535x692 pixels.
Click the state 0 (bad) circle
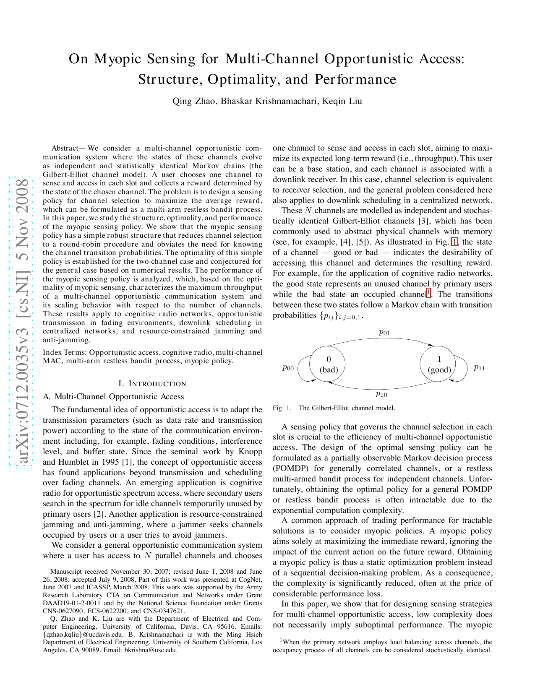pos(329,364)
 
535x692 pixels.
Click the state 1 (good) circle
pos(439,364)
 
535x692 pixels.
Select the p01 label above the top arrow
pos(384,333)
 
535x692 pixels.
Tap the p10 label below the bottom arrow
pos(381,394)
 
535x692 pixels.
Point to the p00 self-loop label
pos(288,368)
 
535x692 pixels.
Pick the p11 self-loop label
pos(479,368)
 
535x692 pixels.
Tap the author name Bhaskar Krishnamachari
pos(268,101)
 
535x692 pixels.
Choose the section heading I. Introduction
pos(152,384)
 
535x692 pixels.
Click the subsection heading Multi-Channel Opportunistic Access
pos(119,397)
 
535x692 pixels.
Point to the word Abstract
pos(65,148)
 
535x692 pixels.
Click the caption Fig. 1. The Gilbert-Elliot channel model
pos(334,408)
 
